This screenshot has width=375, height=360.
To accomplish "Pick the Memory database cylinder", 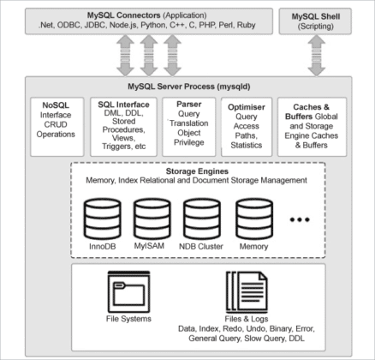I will [x=253, y=220].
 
